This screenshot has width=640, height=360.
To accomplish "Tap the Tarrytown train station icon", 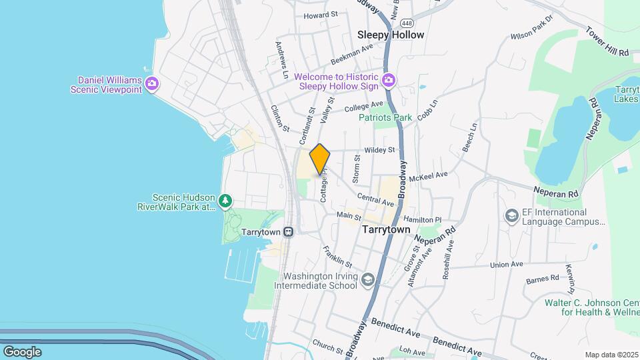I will [288, 232].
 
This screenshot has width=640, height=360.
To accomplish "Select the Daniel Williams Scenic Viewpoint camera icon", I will [152, 83].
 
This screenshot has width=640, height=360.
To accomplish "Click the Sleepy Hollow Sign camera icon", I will [389, 81].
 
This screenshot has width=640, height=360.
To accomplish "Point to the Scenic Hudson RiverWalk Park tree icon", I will [226, 201].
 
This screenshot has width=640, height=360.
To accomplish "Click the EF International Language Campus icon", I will [511, 216].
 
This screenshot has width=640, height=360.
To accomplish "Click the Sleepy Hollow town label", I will [391, 35].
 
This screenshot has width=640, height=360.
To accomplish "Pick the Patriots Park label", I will [385, 118].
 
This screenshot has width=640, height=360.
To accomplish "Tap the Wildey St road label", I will [379, 150].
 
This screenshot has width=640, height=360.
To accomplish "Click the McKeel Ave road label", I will [428, 177].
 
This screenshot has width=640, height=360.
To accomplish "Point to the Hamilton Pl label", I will [422, 219].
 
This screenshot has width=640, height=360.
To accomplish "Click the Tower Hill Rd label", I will [607, 41].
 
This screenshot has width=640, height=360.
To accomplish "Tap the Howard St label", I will [321, 14].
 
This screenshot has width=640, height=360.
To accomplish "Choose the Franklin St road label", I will [337, 257].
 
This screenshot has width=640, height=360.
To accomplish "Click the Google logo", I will [22, 351].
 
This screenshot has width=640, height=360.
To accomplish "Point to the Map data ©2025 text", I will [610, 355].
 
